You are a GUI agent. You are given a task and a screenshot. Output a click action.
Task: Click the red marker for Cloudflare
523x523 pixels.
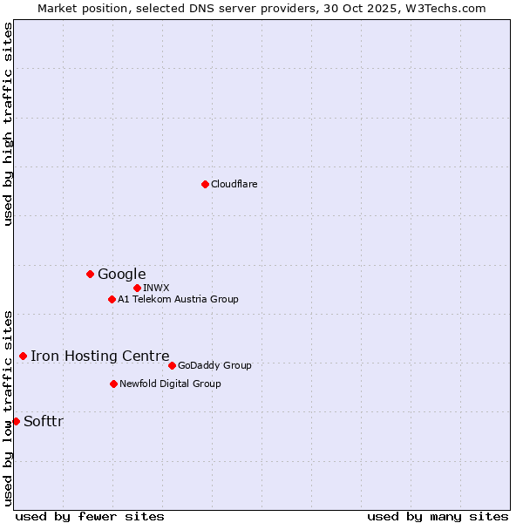(205, 184)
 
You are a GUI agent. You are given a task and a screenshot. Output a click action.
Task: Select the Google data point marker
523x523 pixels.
(90, 274)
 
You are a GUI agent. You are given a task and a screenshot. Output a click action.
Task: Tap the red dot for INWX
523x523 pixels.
(137, 288)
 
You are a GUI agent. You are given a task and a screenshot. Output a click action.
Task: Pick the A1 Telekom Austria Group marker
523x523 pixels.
(112, 299)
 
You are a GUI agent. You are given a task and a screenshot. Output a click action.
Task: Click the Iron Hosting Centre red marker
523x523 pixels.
(23, 356)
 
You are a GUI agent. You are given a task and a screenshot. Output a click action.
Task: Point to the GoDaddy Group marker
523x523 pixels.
(172, 365)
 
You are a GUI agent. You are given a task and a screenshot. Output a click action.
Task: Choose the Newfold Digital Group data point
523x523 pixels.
(113, 384)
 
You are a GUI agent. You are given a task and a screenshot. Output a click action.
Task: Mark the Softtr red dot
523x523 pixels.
(16, 421)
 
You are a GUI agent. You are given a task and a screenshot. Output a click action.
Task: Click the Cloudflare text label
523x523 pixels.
(234, 184)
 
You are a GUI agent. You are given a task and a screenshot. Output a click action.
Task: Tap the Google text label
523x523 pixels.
(121, 275)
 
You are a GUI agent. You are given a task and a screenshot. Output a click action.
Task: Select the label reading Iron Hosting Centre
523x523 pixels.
(99, 356)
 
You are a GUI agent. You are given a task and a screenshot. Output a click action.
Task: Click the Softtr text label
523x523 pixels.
(44, 422)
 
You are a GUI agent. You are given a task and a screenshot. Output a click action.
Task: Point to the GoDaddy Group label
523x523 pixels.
(214, 366)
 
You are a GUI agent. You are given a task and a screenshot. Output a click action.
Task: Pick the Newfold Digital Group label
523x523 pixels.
(170, 384)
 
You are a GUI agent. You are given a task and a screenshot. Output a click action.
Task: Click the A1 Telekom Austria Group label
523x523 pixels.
(178, 300)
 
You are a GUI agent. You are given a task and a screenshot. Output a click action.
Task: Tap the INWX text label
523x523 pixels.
(156, 288)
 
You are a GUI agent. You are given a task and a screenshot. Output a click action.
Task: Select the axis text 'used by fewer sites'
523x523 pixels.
(90, 516)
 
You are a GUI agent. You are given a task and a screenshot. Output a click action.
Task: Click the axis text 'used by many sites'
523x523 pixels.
(438, 516)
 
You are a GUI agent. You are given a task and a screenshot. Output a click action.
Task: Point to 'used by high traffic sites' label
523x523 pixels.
(8, 124)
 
